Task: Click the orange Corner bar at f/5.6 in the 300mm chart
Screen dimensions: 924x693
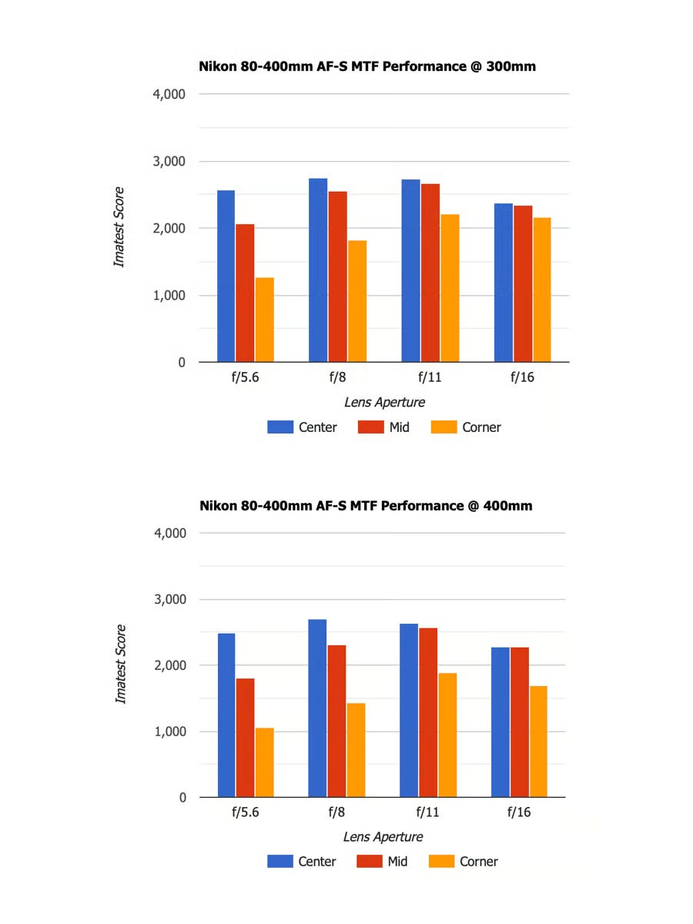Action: pyautogui.click(x=264, y=320)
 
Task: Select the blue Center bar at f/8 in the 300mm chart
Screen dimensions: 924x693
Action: pyautogui.click(x=318, y=269)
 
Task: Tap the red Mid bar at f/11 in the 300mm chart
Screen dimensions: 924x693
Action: pyautogui.click(x=430, y=273)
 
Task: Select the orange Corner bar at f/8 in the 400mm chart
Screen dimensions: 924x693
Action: pyautogui.click(x=356, y=750)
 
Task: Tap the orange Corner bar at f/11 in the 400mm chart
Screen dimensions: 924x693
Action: pyautogui.click(x=447, y=735)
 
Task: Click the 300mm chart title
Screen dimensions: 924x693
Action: pyautogui.click(x=367, y=67)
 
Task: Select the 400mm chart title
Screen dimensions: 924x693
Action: pyautogui.click(x=366, y=506)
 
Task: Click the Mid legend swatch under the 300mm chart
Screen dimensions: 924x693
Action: pyautogui.click(x=371, y=427)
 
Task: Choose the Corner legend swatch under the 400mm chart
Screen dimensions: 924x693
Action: pyautogui.click(x=441, y=862)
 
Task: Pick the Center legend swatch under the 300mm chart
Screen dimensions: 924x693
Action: pyautogui.click(x=280, y=427)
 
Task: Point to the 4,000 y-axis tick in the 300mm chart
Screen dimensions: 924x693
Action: pyautogui.click(x=170, y=95)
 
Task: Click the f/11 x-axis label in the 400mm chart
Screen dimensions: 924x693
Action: pyautogui.click(x=427, y=812)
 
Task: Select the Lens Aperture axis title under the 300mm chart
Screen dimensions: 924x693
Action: pyautogui.click(x=384, y=402)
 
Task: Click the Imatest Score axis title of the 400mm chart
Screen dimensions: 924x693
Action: pyautogui.click(x=120, y=664)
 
